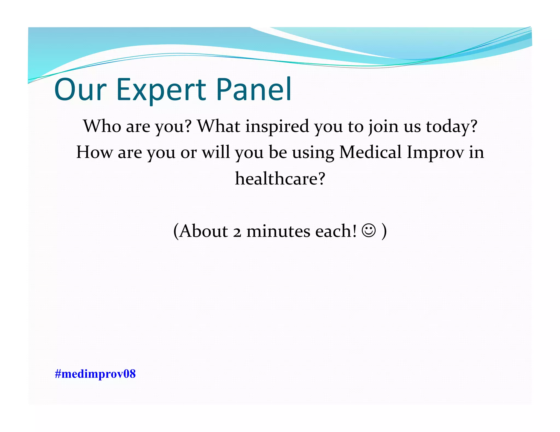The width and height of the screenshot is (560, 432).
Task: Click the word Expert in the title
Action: [161, 90]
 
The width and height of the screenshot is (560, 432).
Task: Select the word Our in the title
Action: [80, 90]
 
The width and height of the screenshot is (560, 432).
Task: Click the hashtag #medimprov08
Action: [95, 374]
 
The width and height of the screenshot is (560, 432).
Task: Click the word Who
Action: [102, 126]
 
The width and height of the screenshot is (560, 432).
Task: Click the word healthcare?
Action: [280, 179]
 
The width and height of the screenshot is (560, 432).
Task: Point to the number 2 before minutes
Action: [237, 232]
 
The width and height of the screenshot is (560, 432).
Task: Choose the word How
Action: [94, 152]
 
